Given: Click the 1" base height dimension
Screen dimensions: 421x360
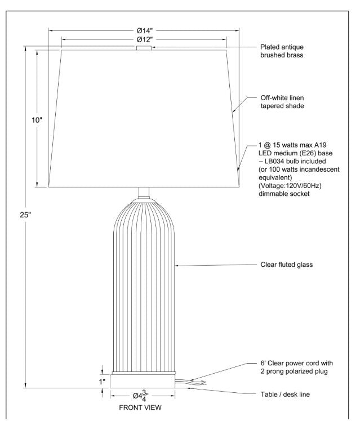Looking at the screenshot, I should point(103,382).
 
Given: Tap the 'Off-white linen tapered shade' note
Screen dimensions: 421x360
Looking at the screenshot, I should point(282,102).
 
